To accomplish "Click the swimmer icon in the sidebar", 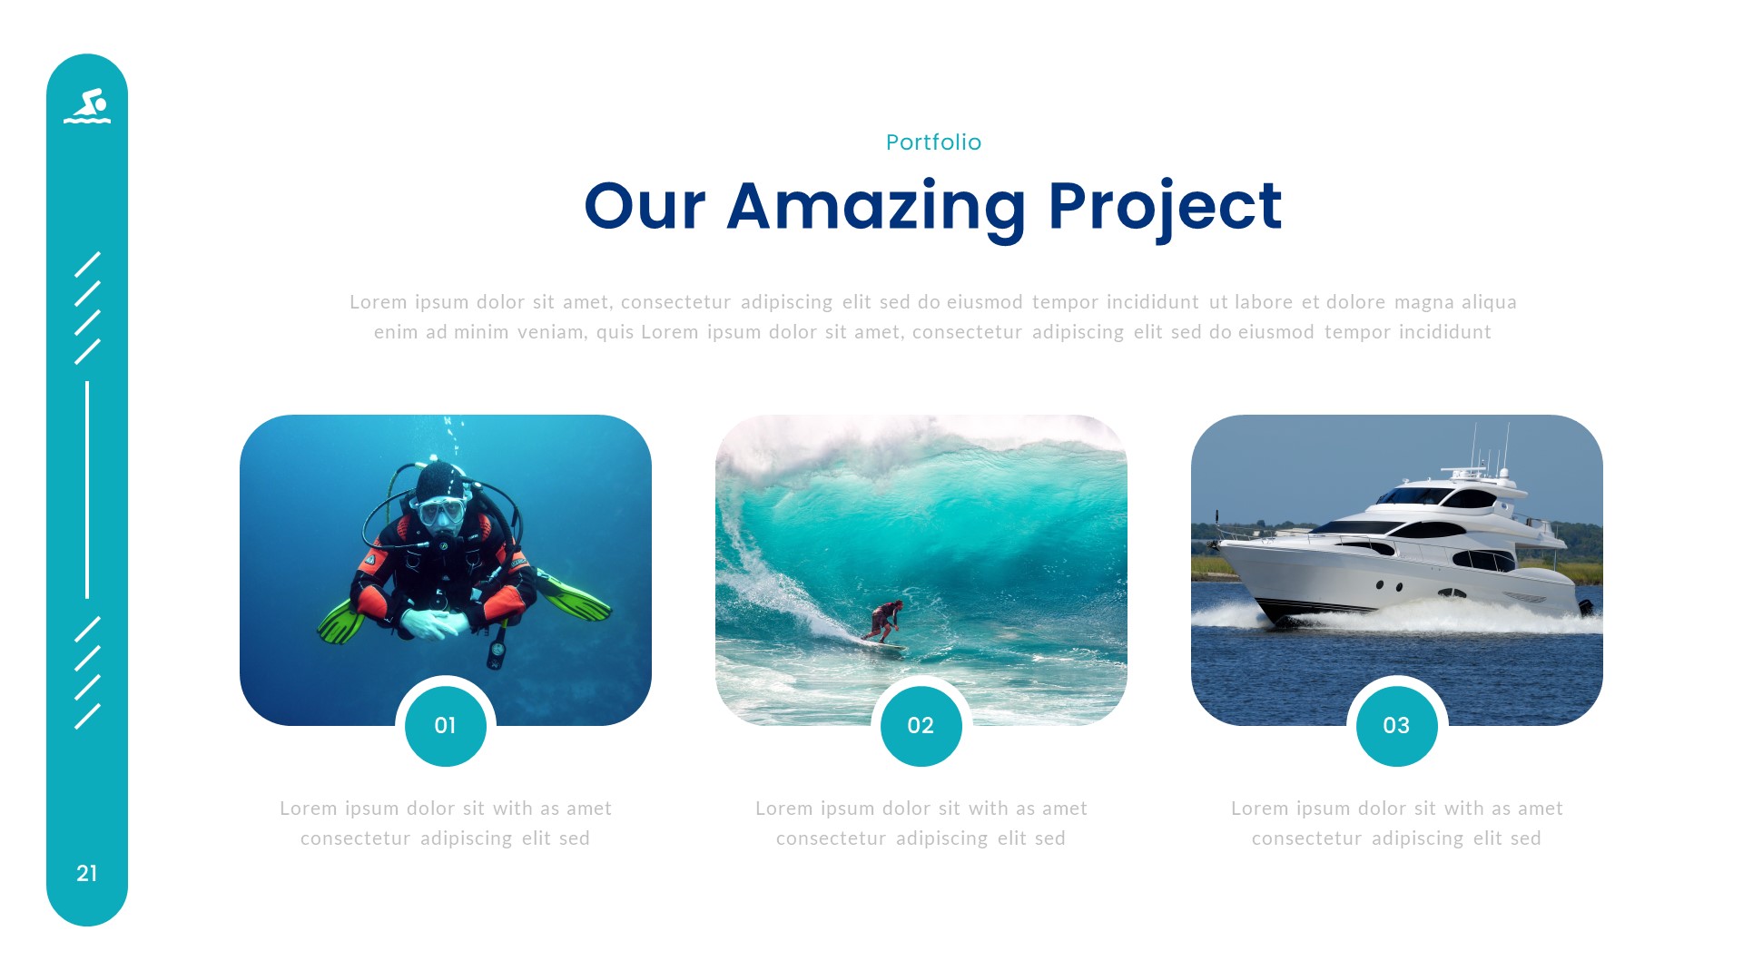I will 87,106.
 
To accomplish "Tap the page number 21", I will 87,873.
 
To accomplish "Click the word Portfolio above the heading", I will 933,142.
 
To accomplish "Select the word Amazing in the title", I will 876,207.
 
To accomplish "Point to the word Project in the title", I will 1165,207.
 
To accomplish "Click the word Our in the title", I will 645,207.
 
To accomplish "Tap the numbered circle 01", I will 445,726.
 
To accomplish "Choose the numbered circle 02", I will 921,726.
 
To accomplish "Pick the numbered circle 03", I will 1396,726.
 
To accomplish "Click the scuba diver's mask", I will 441,512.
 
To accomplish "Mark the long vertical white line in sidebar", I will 87,490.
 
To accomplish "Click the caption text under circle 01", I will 445,823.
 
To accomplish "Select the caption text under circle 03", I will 1396,823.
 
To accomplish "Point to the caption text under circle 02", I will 921,823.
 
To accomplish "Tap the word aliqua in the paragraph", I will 1489,302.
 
